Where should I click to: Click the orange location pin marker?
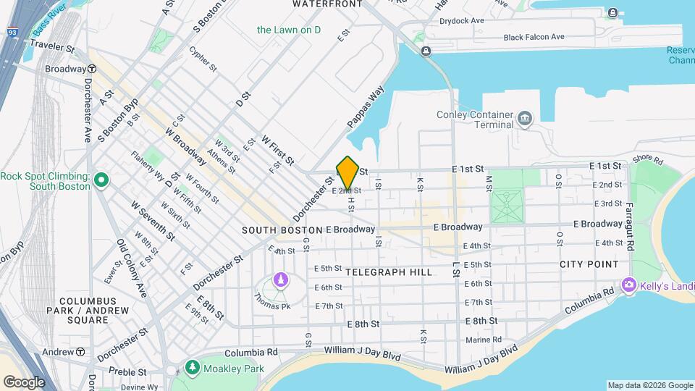pos(347,172)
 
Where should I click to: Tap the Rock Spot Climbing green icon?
pos(102,179)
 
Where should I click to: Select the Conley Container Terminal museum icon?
pos(525,117)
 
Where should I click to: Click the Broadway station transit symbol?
pos(92,69)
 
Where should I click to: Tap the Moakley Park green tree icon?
pos(192,368)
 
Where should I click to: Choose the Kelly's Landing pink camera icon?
pos(628,285)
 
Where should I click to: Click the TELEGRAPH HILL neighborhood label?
pos(389,272)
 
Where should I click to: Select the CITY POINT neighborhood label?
pos(589,264)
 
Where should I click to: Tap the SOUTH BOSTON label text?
pos(282,230)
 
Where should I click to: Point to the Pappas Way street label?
pos(366,109)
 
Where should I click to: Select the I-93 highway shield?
pos(12,32)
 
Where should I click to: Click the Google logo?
pos(24,382)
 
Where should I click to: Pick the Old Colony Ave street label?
pos(132,269)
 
